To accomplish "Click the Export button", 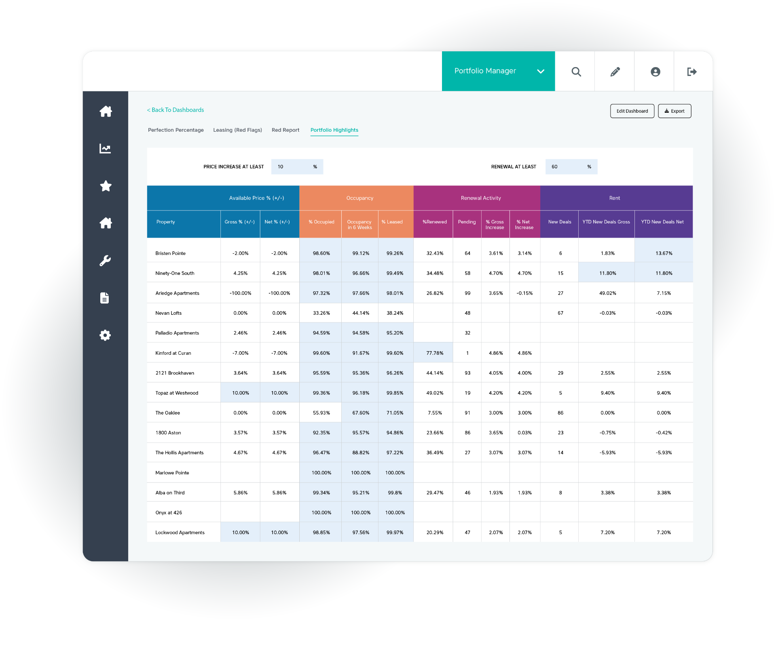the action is click(x=675, y=111).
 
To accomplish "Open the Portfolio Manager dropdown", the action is click(x=498, y=71).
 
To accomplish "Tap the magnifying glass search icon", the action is click(x=576, y=72).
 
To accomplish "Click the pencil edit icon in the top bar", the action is click(x=615, y=72).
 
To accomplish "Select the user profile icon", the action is click(x=655, y=72).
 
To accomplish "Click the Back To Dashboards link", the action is click(x=175, y=110).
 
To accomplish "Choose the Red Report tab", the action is click(x=285, y=130).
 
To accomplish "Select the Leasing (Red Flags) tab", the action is click(x=237, y=130).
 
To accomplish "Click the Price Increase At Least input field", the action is click(x=297, y=167).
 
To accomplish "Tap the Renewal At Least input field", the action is click(x=571, y=167).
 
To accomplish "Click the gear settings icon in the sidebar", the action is click(x=105, y=335).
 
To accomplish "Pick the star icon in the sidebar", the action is click(x=106, y=186).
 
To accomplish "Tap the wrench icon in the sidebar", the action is click(x=105, y=261).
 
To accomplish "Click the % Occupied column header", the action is click(x=321, y=222).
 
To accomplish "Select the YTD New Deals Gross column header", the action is click(x=606, y=222).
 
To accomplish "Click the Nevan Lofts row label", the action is click(x=169, y=313).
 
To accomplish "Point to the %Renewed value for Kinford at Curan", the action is click(x=435, y=353).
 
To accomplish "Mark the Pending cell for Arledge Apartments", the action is click(x=467, y=293).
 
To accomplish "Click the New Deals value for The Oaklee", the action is click(x=560, y=413).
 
